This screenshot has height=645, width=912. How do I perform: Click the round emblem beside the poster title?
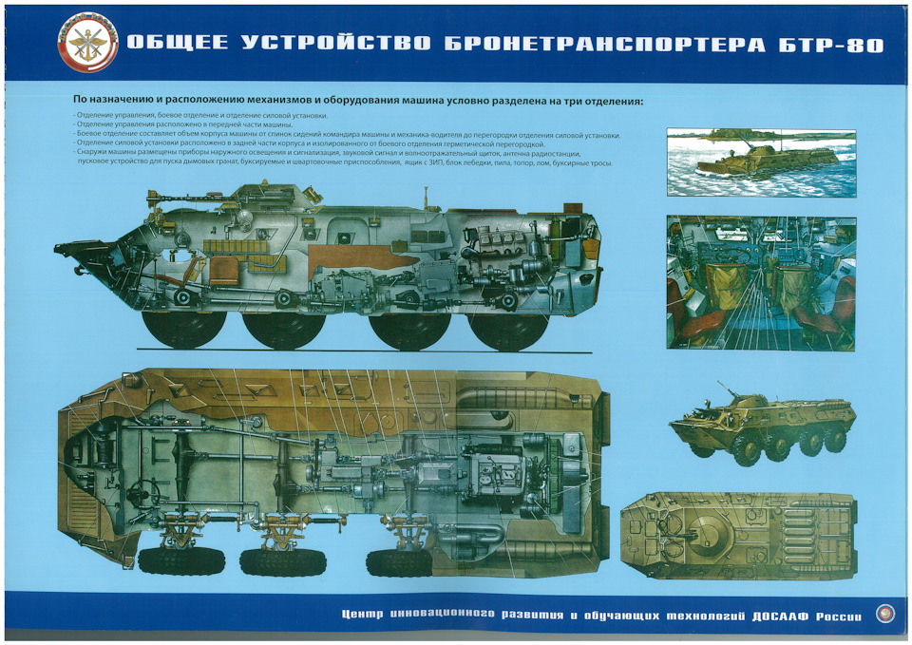click(x=89, y=44)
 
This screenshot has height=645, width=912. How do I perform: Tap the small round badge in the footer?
click(x=883, y=615)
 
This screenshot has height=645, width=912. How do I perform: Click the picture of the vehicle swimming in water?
click(x=760, y=162)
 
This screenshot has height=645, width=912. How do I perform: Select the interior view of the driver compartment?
click(x=760, y=282)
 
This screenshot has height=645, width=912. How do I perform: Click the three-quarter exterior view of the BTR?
click(x=762, y=425)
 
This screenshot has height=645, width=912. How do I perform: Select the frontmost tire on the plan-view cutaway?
click(x=174, y=560)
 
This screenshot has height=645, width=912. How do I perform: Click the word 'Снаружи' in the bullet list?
click(x=93, y=153)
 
